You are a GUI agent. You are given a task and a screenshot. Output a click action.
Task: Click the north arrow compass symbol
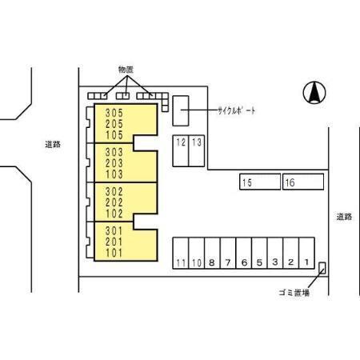click(x=314, y=93)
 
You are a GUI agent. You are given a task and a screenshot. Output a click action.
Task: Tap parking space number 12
click(x=181, y=151)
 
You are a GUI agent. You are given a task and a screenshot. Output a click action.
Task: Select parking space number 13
click(x=197, y=151)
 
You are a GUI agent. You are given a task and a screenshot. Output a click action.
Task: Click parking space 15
click(x=260, y=182)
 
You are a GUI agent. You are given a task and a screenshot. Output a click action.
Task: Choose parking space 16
click(x=303, y=182)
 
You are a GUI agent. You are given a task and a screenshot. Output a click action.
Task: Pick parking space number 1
click(x=306, y=253)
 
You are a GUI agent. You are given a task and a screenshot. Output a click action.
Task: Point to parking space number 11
click(x=181, y=253)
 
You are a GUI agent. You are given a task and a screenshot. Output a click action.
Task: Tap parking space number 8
click(x=212, y=253)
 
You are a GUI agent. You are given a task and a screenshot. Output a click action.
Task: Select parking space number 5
click(x=259, y=253)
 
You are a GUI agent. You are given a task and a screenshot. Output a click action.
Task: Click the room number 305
click(x=114, y=113)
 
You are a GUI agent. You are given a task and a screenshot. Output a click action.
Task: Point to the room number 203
click(x=114, y=163)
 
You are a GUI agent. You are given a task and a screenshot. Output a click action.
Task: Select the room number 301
click(x=114, y=230)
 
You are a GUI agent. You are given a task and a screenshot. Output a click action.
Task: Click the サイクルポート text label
click(x=237, y=110)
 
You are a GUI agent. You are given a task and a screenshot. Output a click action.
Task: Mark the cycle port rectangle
click(x=181, y=110)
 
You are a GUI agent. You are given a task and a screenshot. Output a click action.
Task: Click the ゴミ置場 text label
click(x=294, y=293)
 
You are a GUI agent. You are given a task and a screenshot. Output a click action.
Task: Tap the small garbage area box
click(x=322, y=268)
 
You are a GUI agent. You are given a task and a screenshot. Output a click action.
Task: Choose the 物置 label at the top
click(x=126, y=70)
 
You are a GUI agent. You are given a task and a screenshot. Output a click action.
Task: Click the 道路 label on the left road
click(x=53, y=145)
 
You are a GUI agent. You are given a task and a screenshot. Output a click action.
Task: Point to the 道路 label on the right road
click(x=344, y=217)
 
